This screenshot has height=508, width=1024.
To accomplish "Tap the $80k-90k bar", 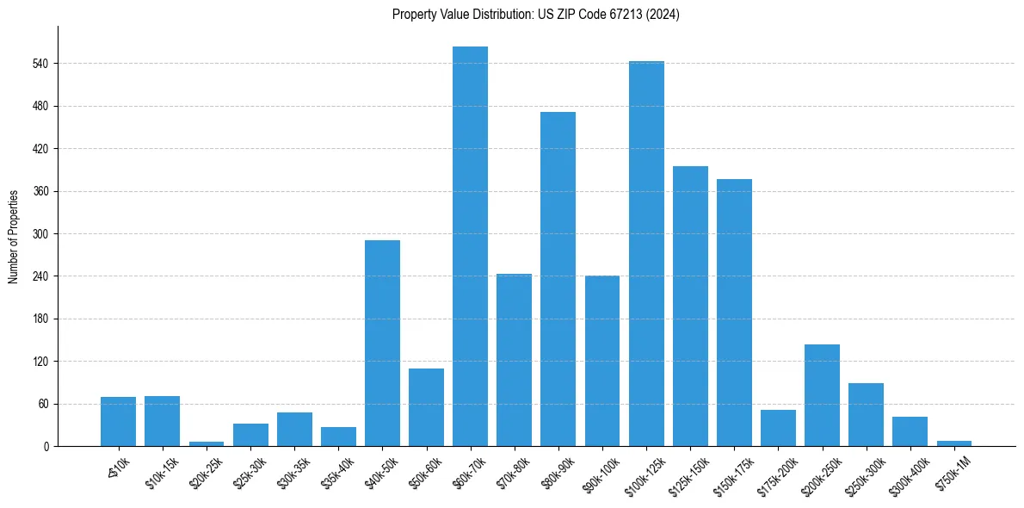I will pos(558,279).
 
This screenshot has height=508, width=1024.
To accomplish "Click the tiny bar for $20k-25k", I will pos(207,443).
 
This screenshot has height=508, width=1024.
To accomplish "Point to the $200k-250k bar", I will pos(822,395).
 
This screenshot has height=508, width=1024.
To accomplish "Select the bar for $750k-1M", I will pos(953,443).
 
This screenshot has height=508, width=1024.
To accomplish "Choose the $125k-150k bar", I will pos(690,306).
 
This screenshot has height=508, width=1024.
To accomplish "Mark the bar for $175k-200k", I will pos(778,428).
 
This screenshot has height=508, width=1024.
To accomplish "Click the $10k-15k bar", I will pos(162,421).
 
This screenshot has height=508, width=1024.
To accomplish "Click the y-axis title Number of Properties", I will pos(14,236).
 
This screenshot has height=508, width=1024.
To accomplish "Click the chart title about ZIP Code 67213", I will pos(536,15).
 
